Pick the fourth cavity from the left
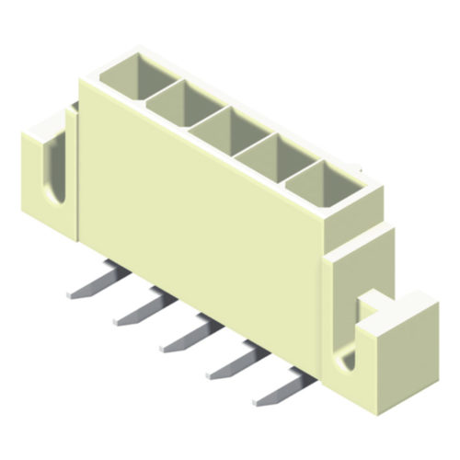point(267,154)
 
